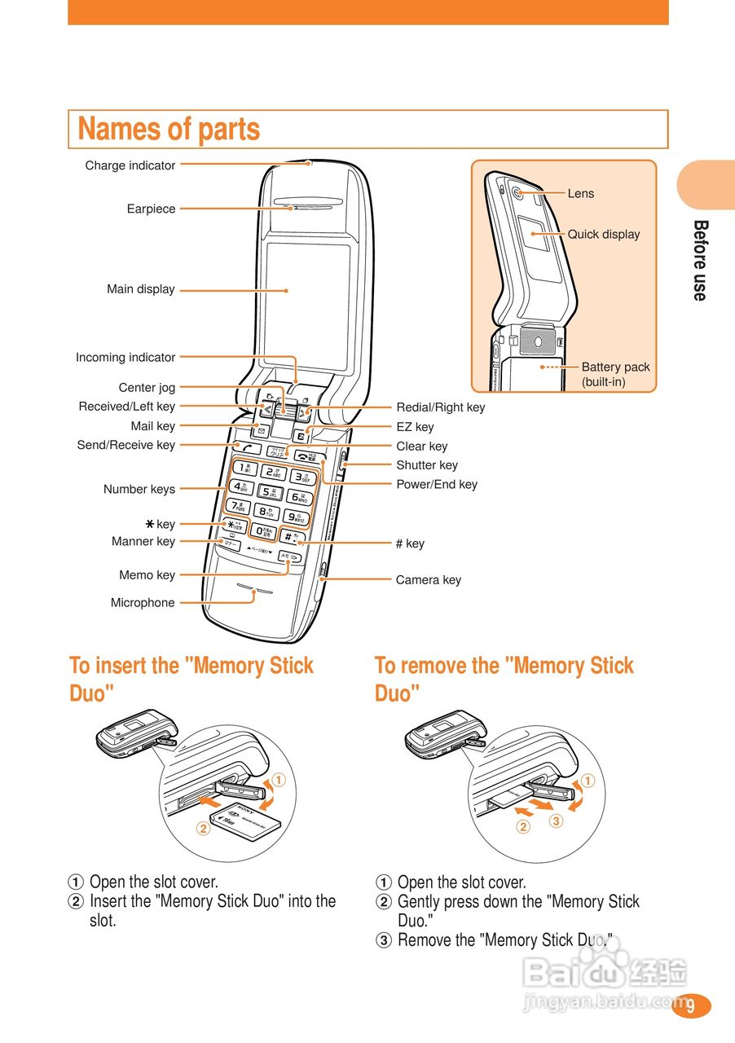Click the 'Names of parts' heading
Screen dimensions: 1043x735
click(x=169, y=130)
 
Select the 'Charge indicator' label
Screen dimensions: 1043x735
click(x=130, y=165)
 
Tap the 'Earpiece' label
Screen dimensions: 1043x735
click(x=151, y=209)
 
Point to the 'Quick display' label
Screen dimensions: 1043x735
click(x=604, y=235)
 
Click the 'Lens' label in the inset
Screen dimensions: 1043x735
click(x=581, y=194)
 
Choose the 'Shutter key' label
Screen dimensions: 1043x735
click(x=427, y=465)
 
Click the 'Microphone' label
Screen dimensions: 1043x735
click(x=143, y=603)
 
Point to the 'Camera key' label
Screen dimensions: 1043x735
click(x=429, y=580)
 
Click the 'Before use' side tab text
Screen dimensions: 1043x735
click(x=700, y=260)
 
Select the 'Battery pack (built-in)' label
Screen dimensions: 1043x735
click(x=615, y=374)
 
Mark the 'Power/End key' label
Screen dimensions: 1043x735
click(x=437, y=485)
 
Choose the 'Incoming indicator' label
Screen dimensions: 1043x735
click(x=125, y=358)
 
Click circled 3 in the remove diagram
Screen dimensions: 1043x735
click(x=557, y=821)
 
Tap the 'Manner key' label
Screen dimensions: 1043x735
click(x=143, y=542)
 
